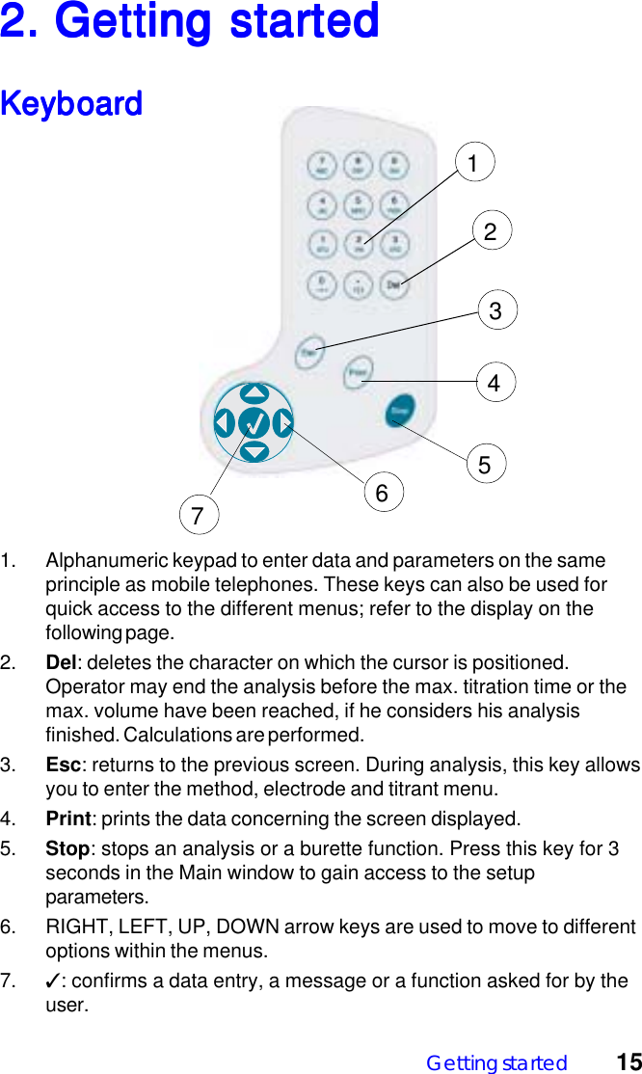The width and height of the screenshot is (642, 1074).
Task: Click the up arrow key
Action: [x=254, y=393]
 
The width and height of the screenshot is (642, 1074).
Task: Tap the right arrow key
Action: [x=283, y=423]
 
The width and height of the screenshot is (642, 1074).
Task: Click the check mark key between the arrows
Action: [x=254, y=423]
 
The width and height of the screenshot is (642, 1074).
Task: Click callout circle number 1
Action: [x=473, y=163]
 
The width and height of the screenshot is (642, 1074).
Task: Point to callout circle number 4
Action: [x=495, y=383]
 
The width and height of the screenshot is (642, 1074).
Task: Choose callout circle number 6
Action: [x=382, y=494]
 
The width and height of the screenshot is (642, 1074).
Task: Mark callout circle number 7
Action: [x=198, y=516]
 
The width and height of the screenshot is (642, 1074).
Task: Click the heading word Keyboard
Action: [x=71, y=103]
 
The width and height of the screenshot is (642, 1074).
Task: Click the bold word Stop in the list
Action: [x=67, y=849]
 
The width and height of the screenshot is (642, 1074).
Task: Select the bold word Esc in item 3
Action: [x=63, y=765]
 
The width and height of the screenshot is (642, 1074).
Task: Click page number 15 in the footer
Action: [x=629, y=1062]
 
